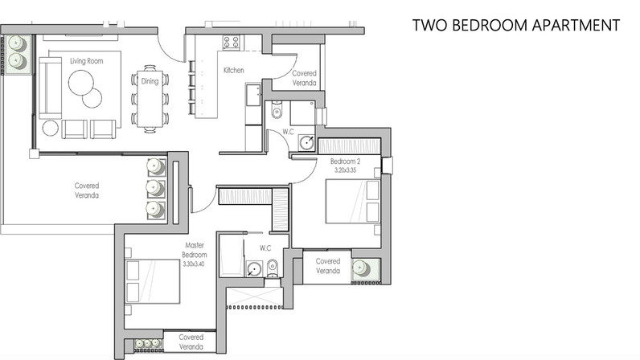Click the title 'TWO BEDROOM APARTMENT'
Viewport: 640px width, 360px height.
click(516, 25)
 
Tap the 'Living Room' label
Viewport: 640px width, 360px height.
click(87, 61)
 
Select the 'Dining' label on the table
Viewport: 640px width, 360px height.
click(150, 81)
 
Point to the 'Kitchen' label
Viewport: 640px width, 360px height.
click(234, 70)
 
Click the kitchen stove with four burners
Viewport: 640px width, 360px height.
click(231, 43)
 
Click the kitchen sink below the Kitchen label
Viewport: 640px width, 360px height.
click(253, 95)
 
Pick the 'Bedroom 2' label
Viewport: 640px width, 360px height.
click(345, 162)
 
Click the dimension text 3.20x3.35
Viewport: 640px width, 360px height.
click(345, 170)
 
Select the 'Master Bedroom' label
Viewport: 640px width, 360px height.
click(195, 250)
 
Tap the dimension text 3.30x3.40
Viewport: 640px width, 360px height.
click(194, 264)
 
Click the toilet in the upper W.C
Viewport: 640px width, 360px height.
click(277, 110)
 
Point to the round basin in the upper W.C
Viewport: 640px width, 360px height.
click(306, 143)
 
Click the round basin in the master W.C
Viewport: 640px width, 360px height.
click(254, 269)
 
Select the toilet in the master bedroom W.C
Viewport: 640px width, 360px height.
click(273, 268)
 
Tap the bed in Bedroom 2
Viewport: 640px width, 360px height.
click(353, 202)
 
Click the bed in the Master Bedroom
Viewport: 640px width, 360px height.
click(153, 281)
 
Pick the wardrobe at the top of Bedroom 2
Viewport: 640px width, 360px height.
click(350, 146)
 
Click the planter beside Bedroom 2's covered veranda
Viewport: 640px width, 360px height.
click(366, 269)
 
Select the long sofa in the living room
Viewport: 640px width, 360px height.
click(50, 88)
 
